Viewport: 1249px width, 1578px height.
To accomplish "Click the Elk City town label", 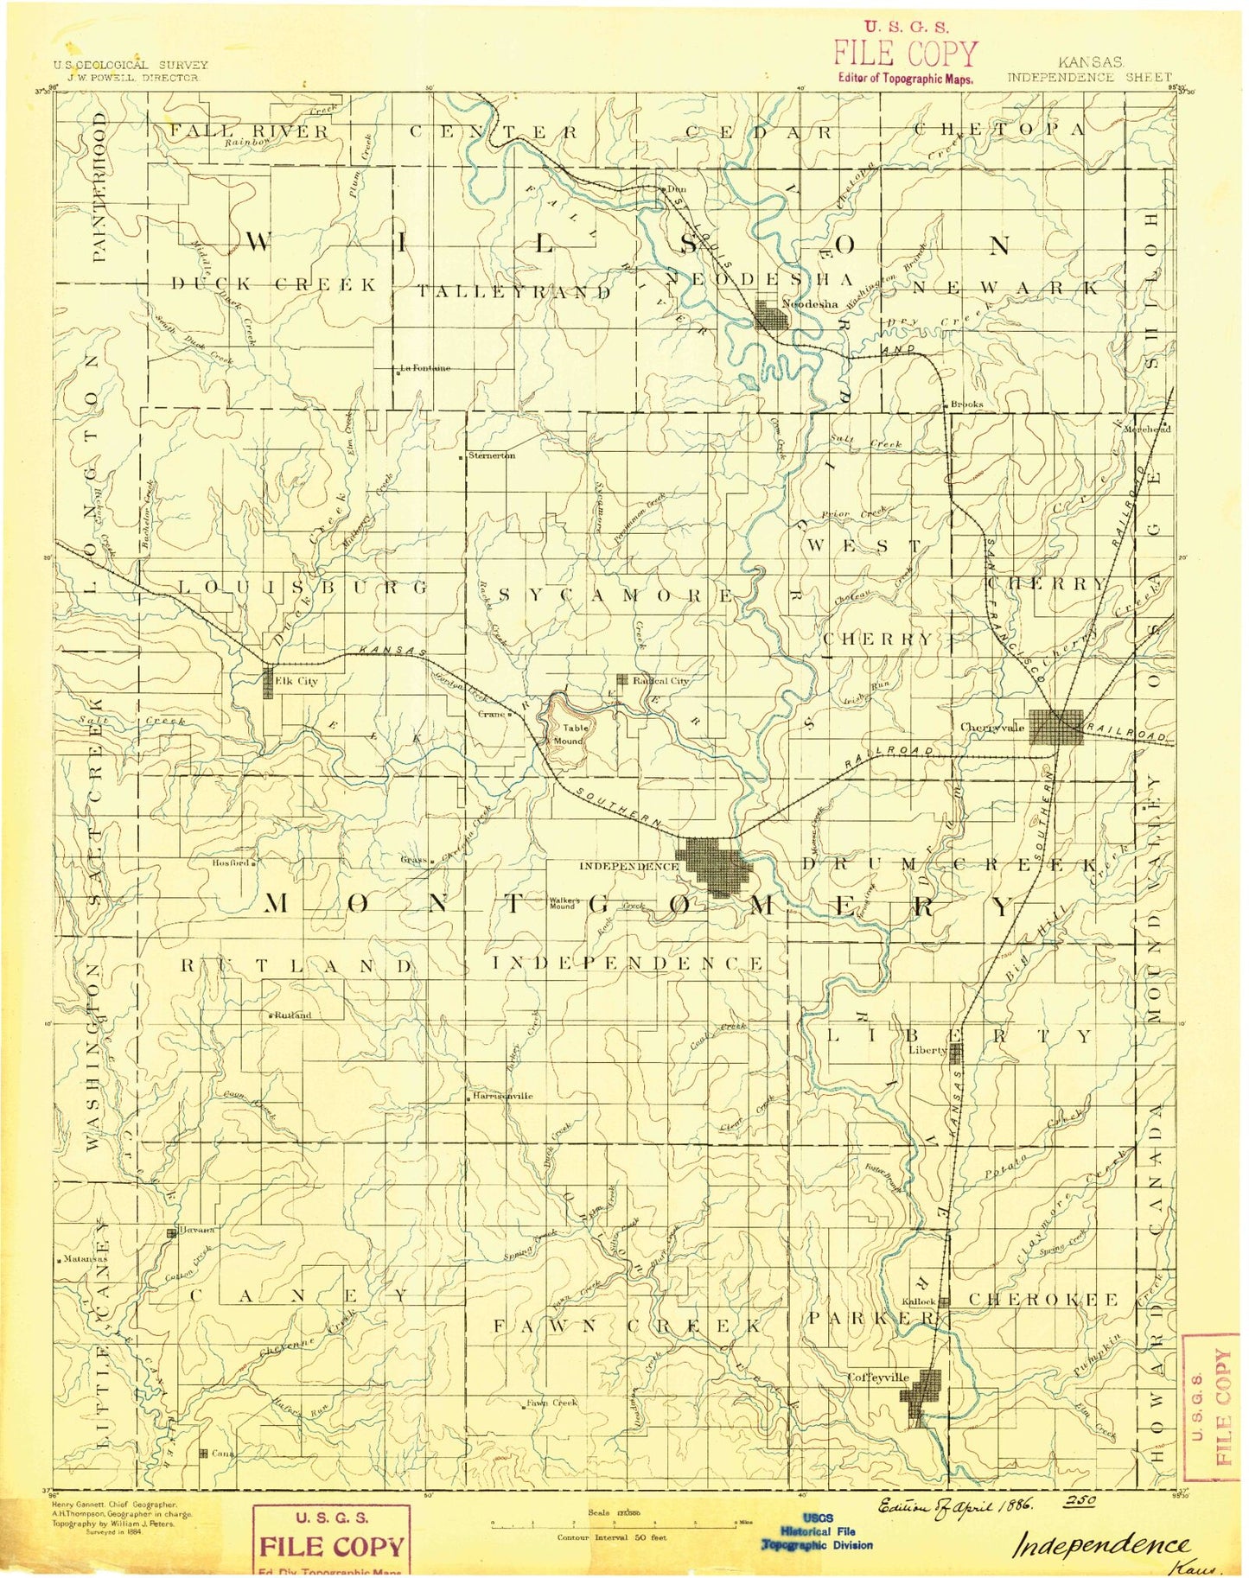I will click(x=296, y=681).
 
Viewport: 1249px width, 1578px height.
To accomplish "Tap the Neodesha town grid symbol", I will click(x=772, y=315).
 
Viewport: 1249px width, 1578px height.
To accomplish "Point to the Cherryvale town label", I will click(x=992, y=728).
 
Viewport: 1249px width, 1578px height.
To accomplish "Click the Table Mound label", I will click(x=570, y=734).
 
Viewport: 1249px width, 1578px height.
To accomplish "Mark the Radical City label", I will click(x=661, y=680).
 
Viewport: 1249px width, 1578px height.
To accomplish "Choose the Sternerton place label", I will click(x=491, y=455).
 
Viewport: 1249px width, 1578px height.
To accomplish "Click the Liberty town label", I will click(x=927, y=1051).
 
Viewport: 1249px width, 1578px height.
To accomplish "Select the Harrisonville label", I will click(x=503, y=1096).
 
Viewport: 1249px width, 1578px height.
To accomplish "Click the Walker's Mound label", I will click(x=563, y=902).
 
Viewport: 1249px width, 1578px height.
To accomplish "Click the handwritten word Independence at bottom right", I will click(x=1100, y=1544).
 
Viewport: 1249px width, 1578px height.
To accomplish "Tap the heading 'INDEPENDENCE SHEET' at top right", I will click(x=1089, y=77).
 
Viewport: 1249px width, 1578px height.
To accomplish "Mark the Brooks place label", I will click(x=966, y=404).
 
